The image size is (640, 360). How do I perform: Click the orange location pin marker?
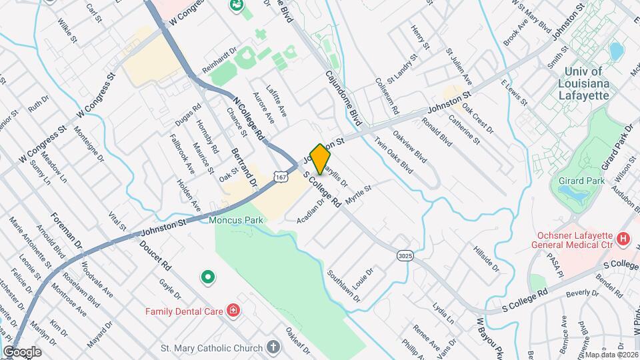(x=321, y=159)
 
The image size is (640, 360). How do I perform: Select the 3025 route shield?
(x=404, y=256)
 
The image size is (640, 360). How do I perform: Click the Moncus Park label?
(x=236, y=219)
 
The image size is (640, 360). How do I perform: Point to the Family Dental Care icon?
(x=233, y=310)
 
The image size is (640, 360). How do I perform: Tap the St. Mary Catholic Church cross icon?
(x=273, y=347)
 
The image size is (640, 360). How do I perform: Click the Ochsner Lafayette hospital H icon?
(x=623, y=238)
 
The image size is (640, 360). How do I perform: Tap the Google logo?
(x=22, y=351)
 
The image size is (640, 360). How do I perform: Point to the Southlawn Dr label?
(x=343, y=285)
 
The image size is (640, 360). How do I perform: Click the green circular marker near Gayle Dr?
(x=208, y=276)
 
